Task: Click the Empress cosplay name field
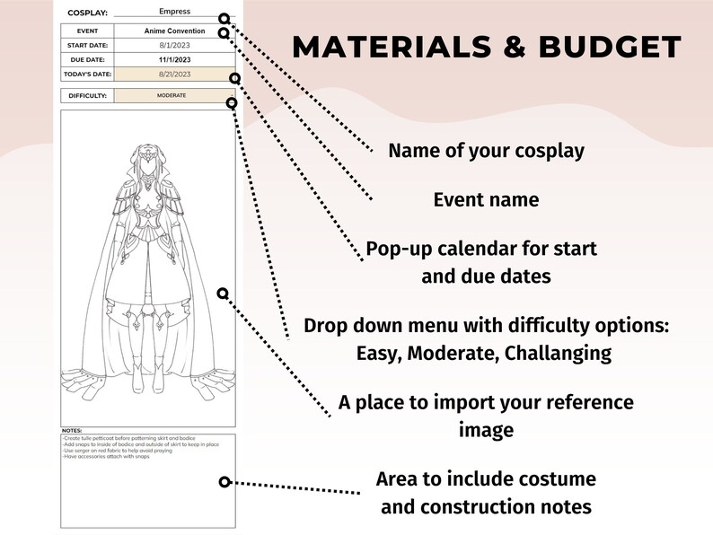click(174, 12)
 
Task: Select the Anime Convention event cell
click(174, 31)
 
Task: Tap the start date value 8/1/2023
click(174, 46)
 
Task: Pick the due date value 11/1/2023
click(174, 59)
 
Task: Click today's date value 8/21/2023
click(174, 74)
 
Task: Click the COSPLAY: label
click(88, 13)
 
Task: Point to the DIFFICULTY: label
click(88, 95)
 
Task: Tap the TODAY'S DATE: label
click(88, 74)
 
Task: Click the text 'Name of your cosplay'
click(486, 151)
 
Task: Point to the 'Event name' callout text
click(486, 199)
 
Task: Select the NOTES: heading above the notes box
click(72, 431)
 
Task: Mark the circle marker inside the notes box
click(224, 483)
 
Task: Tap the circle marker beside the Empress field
click(224, 18)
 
